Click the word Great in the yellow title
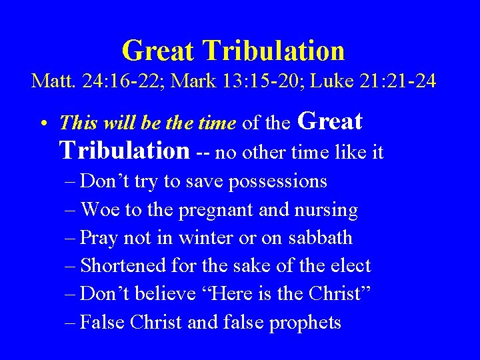[158, 51]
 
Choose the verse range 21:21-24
[398, 81]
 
